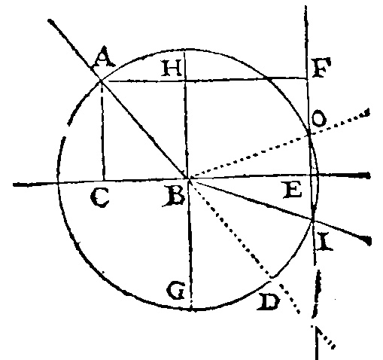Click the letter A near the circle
pyautogui.click(x=104, y=57)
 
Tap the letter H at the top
pyautogui.click(x=172, y=69)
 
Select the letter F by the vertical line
pyautogui.click(x=321, y=67)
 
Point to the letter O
pyautogui.click(x=319, y=119)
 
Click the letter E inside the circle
pyautogui.click(x=293, y=191)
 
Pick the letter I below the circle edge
pyautogui.click(x=325, y=242)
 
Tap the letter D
pyautogui.click(x=268, y=302)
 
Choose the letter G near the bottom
pyautogui.click(x=176, y=291)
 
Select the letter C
pyautogui.click(x=99, y=198)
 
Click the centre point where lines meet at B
pyautogui.click(x=189, y=178)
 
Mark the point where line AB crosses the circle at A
pyautogui.click(x=101, y=81)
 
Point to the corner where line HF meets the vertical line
pyautogui.click(x=307, y=78)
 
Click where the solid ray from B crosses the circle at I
pyautogui.click(x=313, y=220)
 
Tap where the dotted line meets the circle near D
pyautogui.click(x=272, y=277)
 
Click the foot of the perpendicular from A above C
pyautogui.click(x=103, y=181)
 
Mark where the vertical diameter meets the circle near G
pyautogui.click(x=191, y=310)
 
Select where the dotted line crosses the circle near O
pyautogui.click(x=309, y=135)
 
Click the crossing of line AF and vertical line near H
pyautogui.click(x=185, y=81)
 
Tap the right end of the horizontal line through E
pyautogui.click(x=369, y=175)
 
